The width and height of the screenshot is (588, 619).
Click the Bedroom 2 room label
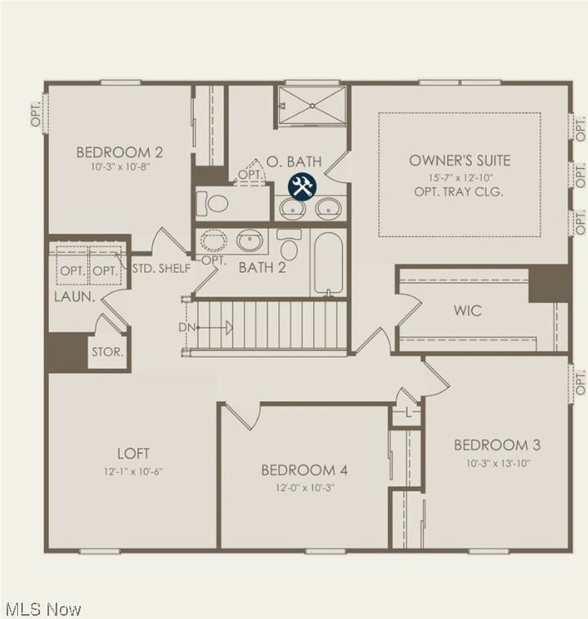(119, 152)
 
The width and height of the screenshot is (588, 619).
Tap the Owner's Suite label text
(460, 161)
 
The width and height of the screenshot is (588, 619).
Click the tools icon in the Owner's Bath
(301, 187)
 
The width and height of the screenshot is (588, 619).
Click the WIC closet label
(468, 311)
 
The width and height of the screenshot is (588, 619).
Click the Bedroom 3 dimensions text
(497, 463)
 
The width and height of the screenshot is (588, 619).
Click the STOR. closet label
(107, 353)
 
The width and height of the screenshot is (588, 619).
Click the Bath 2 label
(262, 268)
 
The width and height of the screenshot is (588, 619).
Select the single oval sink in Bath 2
(249, 241)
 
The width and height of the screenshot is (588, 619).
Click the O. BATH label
(294, 162)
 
